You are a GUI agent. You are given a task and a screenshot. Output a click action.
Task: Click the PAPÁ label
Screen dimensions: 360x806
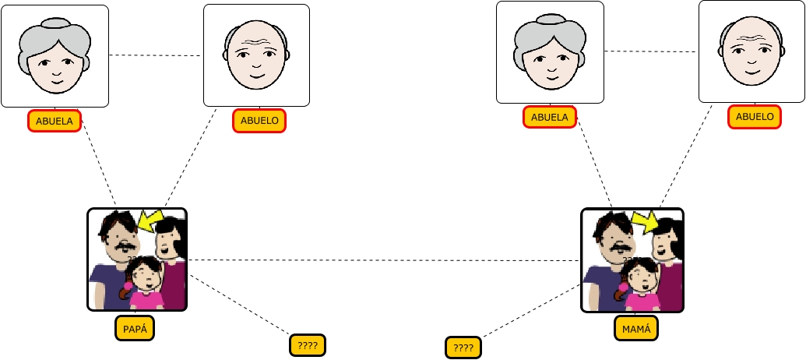135,328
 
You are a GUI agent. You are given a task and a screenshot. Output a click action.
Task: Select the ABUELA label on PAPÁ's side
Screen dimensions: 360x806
55,121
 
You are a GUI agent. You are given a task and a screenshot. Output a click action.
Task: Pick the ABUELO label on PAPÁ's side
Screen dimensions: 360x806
259,121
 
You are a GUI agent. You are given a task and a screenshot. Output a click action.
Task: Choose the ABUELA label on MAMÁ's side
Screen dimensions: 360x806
550,118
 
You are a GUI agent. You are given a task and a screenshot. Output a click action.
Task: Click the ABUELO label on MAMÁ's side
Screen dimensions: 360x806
755,117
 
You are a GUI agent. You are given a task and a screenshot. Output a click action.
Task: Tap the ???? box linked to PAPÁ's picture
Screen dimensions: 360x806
307,344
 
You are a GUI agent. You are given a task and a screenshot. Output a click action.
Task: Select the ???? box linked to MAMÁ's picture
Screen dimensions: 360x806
463,348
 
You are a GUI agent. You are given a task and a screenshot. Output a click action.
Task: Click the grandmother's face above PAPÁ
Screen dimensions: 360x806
55,58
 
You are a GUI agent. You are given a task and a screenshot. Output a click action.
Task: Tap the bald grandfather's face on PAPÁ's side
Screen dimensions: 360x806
256,58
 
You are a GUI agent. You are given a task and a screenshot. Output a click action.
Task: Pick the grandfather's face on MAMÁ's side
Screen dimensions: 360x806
751,55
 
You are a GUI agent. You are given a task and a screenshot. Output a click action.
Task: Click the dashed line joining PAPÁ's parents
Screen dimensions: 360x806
156,55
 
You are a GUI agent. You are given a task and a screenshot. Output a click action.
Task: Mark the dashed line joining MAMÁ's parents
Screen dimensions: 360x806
651,51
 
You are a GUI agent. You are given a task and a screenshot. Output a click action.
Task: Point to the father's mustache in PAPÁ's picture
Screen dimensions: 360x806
122,248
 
